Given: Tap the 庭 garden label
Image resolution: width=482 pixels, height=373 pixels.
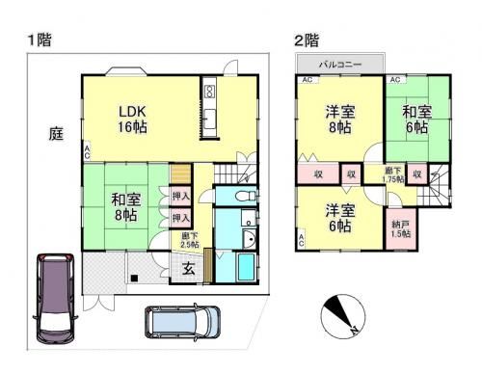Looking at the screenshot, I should point(56,137).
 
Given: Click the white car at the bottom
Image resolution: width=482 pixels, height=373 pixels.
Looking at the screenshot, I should point(183,323).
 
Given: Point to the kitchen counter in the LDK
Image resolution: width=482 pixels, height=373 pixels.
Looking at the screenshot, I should point(209,108).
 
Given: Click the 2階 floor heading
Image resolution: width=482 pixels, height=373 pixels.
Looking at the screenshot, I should point(306,40).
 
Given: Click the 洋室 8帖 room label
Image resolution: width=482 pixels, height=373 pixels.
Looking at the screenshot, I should point(339,119).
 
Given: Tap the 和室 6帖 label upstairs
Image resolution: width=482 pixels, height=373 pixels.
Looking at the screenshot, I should point(417,119).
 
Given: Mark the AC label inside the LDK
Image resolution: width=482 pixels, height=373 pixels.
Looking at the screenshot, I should point(87,150).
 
